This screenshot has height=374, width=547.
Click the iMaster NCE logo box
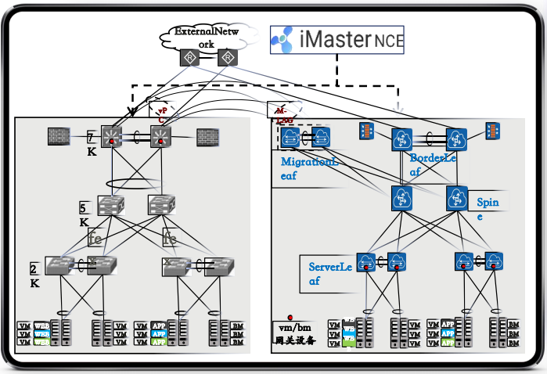(338, 39)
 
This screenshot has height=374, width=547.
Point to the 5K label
(84, 214)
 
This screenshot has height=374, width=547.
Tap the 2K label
(35, 275)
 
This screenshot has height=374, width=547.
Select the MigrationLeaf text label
(311, 167)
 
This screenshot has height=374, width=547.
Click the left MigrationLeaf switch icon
(290, 138)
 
